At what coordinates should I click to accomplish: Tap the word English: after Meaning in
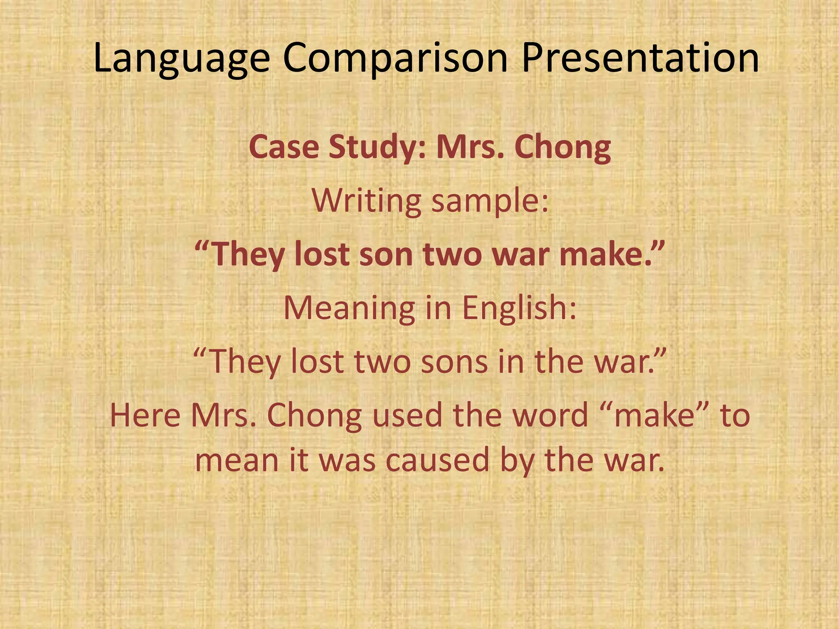coord(519,308)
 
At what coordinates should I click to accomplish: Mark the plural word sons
coord(454,362)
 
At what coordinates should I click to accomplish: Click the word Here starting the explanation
coord(145,415)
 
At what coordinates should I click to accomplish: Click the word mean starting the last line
coord(231,460)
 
